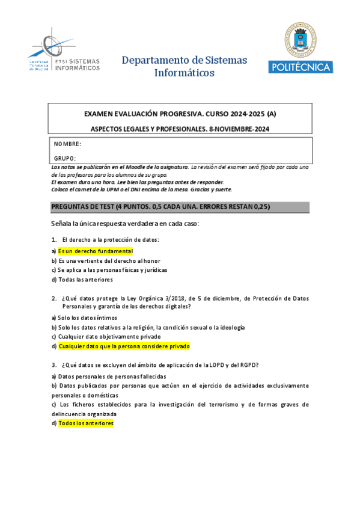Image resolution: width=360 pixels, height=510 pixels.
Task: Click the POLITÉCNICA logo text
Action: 300,67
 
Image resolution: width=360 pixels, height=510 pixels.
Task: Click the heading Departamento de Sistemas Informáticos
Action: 184,67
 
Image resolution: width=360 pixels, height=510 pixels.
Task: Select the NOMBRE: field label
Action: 68,144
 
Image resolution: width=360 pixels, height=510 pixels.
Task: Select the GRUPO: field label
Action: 65,158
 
